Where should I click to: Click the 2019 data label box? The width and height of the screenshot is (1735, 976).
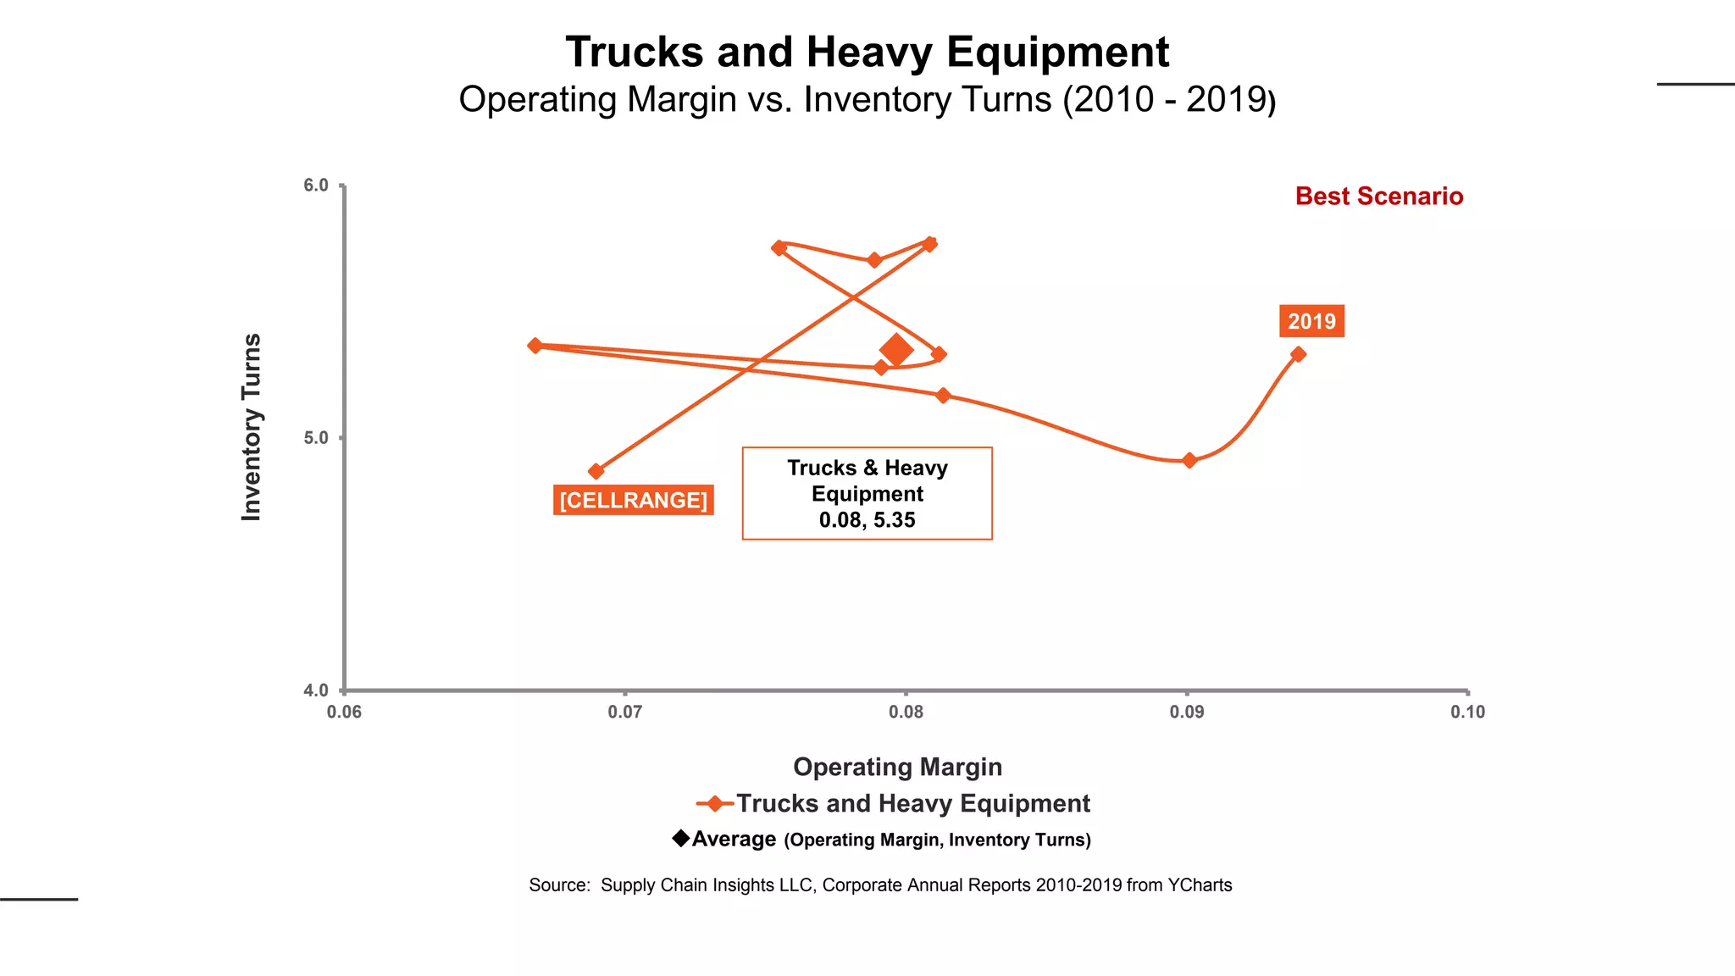click(1311, 321)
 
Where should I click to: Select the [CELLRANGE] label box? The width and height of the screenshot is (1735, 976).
click(633, 500)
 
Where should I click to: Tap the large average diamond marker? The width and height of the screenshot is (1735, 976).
click(896, 349)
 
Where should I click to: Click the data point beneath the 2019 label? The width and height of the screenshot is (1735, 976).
click(1298, 354)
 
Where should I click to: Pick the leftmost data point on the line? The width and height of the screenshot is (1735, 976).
click(535, 346)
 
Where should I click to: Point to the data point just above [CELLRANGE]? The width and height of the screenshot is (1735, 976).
click(596, 471)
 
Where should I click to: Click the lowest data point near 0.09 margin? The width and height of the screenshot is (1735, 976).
click(1189, 460)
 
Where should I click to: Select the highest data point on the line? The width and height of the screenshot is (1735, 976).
click(929, 244)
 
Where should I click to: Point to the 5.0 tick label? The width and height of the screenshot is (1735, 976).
click(316, 438)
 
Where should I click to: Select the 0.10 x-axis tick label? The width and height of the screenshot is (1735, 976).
click(1467, 713)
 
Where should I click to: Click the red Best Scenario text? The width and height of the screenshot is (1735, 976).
click(1378, 197)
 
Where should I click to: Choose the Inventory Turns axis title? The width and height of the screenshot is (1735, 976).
click(252, 427)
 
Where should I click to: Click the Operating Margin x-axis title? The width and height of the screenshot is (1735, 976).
click(897, 767)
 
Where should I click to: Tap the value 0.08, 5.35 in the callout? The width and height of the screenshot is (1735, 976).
click(867, 520)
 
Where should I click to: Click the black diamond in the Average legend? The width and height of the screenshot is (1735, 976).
click(680, 838)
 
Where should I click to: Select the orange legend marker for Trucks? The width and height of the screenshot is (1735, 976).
click(715, 803)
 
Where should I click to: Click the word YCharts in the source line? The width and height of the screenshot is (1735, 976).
click(1200, 885)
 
